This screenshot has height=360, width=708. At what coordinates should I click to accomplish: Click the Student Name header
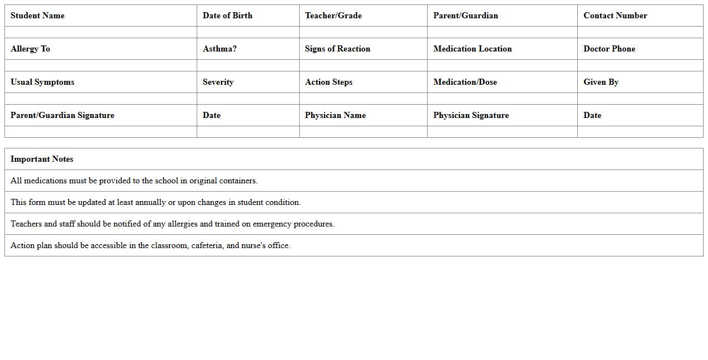[x=37, y=16]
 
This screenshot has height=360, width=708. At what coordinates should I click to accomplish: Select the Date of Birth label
[x=227, y=16]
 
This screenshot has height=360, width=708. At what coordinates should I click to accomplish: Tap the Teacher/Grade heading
[x=333, y=16]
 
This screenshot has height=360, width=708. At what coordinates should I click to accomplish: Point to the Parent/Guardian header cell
[x=465, y=16]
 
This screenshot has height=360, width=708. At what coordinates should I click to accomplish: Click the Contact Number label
[x=615, y=16]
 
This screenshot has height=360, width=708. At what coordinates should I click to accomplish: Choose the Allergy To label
[x=30, y=49]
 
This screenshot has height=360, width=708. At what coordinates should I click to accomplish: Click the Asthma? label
[x=219, y=49]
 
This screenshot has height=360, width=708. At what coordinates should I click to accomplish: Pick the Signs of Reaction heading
[x=337, y=49]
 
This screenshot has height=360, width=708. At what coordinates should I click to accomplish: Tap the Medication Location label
[x=472, y=49]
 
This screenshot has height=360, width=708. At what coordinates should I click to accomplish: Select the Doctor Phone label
[x=609, y=49]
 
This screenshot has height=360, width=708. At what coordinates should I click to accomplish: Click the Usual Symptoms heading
[x=42, y=82]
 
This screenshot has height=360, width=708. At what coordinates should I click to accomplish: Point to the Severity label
[x=218, y=82]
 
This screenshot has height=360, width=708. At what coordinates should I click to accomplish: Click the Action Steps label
[x=329, y=82]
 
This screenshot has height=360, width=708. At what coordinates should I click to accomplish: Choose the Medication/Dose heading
[x=465, y=82]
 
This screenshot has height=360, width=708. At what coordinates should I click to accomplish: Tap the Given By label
[x=601, y=82]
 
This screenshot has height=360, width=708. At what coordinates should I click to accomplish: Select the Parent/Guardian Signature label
[x=62, y=115]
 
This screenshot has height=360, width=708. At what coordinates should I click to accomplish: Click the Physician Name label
[x=335, y=115]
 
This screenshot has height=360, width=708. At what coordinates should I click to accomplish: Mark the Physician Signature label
[x=471, y=115]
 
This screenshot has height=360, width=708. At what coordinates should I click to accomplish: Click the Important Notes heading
[x=42, y=159]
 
